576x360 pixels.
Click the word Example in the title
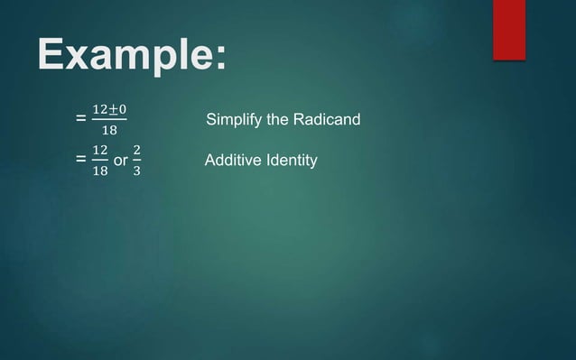coord(121,56)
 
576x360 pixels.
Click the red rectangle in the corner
coord(508,29)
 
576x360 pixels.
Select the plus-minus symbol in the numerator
coord(112,110)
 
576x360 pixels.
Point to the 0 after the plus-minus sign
coord(122,110)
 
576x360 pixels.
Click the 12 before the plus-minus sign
coord(100,110)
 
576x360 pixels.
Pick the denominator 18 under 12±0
coord(109,132)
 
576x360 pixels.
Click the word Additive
coord(232,162)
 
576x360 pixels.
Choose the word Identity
coord(291,162)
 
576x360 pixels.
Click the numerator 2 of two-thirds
coord(136,149)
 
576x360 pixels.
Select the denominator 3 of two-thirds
coord(136,171)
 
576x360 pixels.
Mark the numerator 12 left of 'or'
coord(100,149)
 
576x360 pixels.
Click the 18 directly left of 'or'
coord(100,171)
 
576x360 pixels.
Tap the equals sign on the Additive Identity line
coord(82,160)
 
